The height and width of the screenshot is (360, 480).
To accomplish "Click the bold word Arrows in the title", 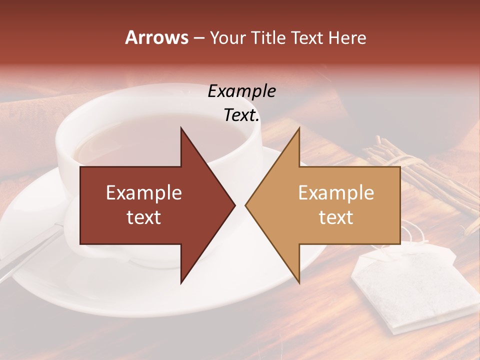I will click(156, 37).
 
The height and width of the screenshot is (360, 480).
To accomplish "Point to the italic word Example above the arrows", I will click(241, 91).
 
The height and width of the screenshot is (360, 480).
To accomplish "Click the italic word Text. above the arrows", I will click(241, 115).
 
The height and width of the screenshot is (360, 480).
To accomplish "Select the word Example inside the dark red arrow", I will click(144, 192).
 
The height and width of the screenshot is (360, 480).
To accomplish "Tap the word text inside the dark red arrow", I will click(144, 217).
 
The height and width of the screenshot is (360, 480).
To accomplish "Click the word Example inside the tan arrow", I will click(336, 192).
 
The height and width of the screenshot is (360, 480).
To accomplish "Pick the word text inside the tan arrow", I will click(336, 217).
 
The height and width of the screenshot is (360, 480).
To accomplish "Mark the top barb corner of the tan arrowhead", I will click(299, 128).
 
